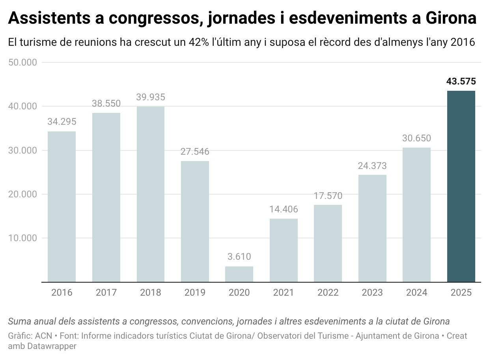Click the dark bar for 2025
point(461,186)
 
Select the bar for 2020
point(239,274)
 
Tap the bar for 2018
point(150,194)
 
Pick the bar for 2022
point(328,243)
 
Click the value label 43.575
point(461,82)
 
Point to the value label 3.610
point(239,257)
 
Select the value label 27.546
point(195,152)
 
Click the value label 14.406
point(284,209)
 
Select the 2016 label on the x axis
point(62,292)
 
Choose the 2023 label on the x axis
point(372,292)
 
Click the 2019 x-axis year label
point(195,292)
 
